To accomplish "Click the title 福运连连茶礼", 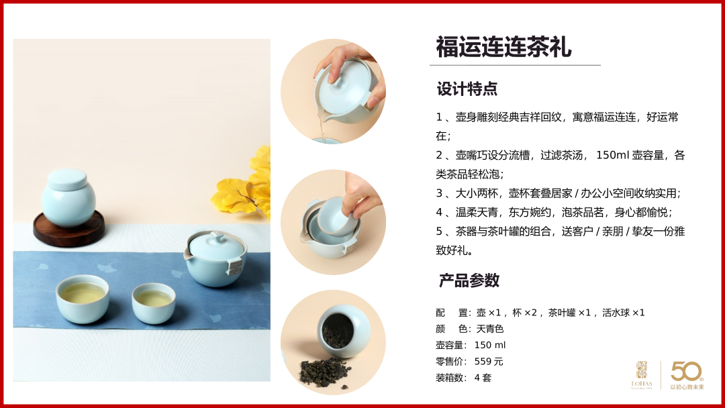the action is (x=503, y=47).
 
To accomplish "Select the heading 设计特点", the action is (x=467, y=89).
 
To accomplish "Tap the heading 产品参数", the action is (x=469, y=280).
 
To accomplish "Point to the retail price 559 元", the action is (x=489, y=361).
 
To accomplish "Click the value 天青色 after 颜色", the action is (x=489, y=329).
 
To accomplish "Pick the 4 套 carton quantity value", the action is (x=483, y=378).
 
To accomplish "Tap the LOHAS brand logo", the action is (x=641, y=374).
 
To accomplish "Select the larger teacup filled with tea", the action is (x=83, y=299).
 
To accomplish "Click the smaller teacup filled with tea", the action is (x=154, y=303).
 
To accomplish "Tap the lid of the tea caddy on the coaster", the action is (x=68, y=180).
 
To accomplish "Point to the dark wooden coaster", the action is (x=69, y=229).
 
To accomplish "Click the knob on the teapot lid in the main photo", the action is (x=216, y=238).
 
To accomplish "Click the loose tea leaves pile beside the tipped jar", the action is (x=324, y=372).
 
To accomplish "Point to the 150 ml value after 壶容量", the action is (x=489, y=345).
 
